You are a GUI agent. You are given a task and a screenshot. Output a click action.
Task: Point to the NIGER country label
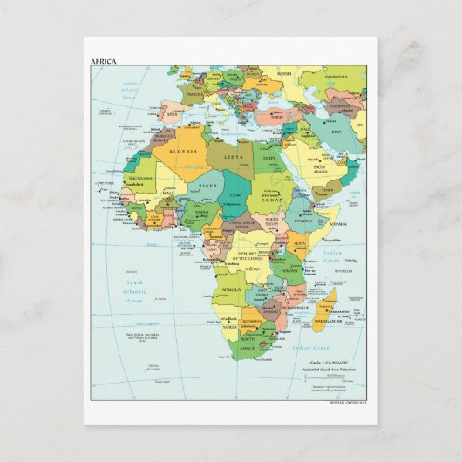[x=207, y=186]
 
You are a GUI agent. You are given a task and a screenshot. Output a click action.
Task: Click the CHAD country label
[x=236, y=194]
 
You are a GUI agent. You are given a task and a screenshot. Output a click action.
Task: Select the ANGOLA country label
[x=232, y=289]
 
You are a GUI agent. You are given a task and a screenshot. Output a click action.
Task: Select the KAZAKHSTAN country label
[x=336, y=76]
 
